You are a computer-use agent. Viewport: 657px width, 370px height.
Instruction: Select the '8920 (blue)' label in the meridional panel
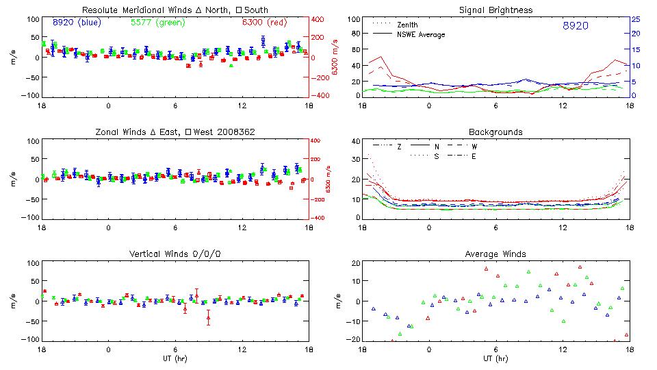77,22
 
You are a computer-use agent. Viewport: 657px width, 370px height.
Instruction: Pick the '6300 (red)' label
264,22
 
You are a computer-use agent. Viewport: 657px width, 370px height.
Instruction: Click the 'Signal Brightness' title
495,10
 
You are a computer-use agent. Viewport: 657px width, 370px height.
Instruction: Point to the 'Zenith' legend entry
408,25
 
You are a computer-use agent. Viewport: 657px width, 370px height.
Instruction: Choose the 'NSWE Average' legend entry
421,34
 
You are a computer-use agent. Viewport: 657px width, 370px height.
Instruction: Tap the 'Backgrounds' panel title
495,132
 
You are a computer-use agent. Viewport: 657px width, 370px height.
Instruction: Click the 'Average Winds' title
495,254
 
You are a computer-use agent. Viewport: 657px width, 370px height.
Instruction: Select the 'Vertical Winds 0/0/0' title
175,254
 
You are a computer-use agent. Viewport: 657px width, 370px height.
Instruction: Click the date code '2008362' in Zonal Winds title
231,132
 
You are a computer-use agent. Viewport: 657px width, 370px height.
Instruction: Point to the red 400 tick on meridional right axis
319,18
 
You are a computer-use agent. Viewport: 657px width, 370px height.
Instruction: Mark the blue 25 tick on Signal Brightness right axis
635,18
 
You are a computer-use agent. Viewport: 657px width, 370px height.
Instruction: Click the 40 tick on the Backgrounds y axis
355,141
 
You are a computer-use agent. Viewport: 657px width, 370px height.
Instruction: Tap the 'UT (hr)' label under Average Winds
495,358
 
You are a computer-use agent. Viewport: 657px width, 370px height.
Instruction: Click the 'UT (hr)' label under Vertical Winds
175,358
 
